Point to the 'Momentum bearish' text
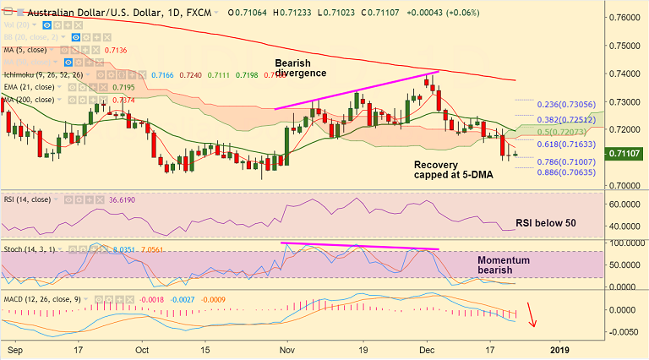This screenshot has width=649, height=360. tap(504, 267)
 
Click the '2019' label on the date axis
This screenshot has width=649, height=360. tap(559, 348)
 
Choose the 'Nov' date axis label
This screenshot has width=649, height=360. tap(287, 348)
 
